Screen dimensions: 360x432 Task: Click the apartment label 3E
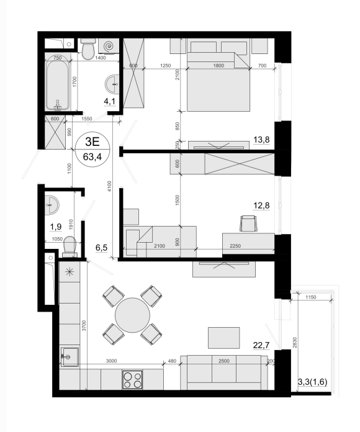click(92, 142)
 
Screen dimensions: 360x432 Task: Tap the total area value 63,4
click(92, 157)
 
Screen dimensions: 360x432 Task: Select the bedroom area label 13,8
click(261, 140)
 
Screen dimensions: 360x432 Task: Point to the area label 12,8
click(261, 205)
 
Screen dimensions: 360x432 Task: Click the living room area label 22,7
click(261, 345)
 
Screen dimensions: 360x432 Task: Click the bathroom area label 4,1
click(109, 101)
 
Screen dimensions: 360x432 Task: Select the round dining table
click(132, 315)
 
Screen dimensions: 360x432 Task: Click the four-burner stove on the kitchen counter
click(132, 380)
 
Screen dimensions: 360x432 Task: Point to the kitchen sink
click(70, 357)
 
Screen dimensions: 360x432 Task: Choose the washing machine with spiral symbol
click(109, 46)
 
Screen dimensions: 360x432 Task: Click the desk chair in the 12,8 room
click(248, 223)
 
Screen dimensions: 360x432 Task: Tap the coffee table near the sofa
click(224, 338)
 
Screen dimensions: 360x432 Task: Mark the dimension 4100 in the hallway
click(109, 186)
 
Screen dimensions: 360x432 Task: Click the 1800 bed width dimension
click(218, 66)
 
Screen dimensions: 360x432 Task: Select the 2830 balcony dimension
click(295, 343)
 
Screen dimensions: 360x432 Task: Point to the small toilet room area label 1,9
click(55, 227)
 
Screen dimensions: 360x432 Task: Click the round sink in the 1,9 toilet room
click(52, 205)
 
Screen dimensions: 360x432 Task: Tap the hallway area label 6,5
click(101, 248)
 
